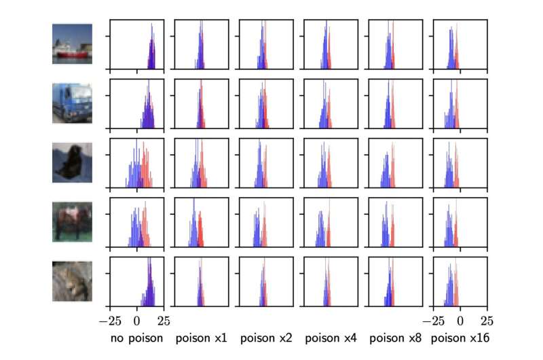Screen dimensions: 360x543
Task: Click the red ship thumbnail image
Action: (x=72, y=44)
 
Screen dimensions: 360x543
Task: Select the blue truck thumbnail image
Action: (x=72, y=103)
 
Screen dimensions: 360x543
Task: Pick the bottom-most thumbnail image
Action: (x=72, y=281)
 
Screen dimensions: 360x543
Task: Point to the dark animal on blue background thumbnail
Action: (x=72, y=163)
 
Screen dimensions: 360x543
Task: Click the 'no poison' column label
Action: (x=136, y=338)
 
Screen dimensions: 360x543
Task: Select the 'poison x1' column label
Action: (x=202, y=338)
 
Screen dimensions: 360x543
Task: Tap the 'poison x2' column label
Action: (x=266, y=338)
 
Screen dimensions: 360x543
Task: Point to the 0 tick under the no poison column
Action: (x=137, y=320)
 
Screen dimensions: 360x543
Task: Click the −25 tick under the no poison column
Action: (x=110, y=320)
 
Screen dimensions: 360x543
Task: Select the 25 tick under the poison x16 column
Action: (x=487, y=320)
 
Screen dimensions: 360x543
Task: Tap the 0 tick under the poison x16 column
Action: (x=460, y=320)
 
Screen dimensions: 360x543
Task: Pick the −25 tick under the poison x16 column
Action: (x=433, y=320)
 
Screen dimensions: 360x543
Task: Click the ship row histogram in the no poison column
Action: (x=137, y=45)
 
